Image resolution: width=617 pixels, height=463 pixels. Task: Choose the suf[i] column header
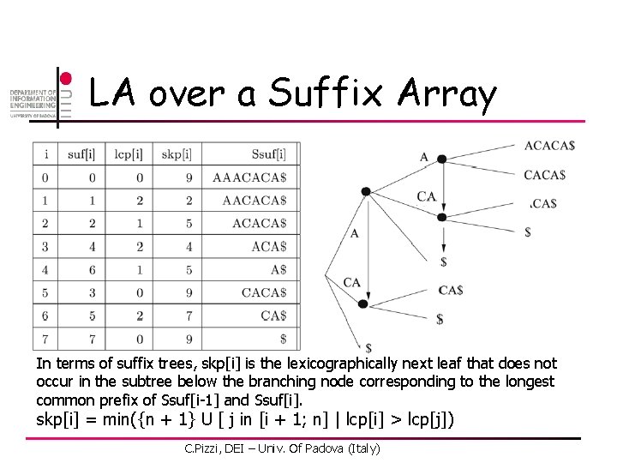click(81, 154)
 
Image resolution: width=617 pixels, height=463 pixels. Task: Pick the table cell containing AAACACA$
click(249, 177)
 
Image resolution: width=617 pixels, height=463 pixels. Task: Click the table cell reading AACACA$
click(254, 201)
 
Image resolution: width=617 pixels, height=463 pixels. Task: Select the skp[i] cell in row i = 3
click(177, 247)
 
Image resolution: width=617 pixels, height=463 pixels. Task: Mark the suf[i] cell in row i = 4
click(81, 270)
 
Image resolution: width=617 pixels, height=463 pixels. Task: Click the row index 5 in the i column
click(45, 293)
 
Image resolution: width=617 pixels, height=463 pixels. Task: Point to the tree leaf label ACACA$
click(549, 145)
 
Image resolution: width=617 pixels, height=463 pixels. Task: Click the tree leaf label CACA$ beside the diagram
click(544, 175)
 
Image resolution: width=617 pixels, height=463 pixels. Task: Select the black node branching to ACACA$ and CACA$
click(441, 159)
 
